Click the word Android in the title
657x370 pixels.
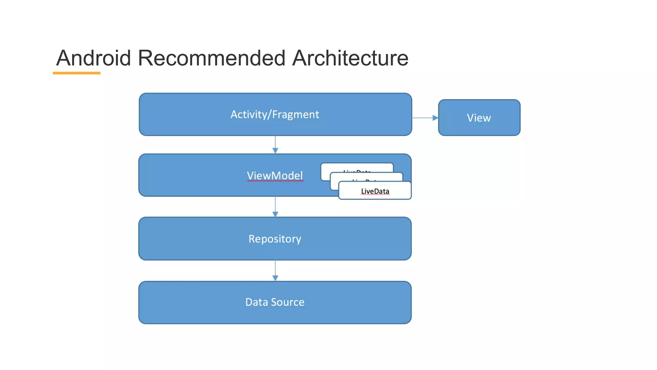(x=93, y=58)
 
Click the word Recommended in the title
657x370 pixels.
(x=211, y=58)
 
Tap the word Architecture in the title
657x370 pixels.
(x=350, y=58)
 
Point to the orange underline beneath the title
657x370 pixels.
(x=76, y=73)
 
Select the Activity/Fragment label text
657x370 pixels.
(x=275, y=114)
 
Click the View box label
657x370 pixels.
(x=479, y=118)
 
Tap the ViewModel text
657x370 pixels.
(x=275, y=175)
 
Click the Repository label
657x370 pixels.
(x=275, y=239)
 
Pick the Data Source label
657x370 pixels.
(x=275, y=302)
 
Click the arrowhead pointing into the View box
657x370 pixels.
(x=435, y=118)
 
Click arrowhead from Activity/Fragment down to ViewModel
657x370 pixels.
(x=275, y=150)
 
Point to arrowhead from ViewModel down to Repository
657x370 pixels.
(x=275, y=214)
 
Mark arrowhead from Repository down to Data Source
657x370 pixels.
(x=275, y=278)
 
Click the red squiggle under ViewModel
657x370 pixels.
(x=275, y=181)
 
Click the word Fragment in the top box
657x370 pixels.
(x=295, y=114)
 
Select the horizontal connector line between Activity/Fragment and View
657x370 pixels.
(x=422, y=118)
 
